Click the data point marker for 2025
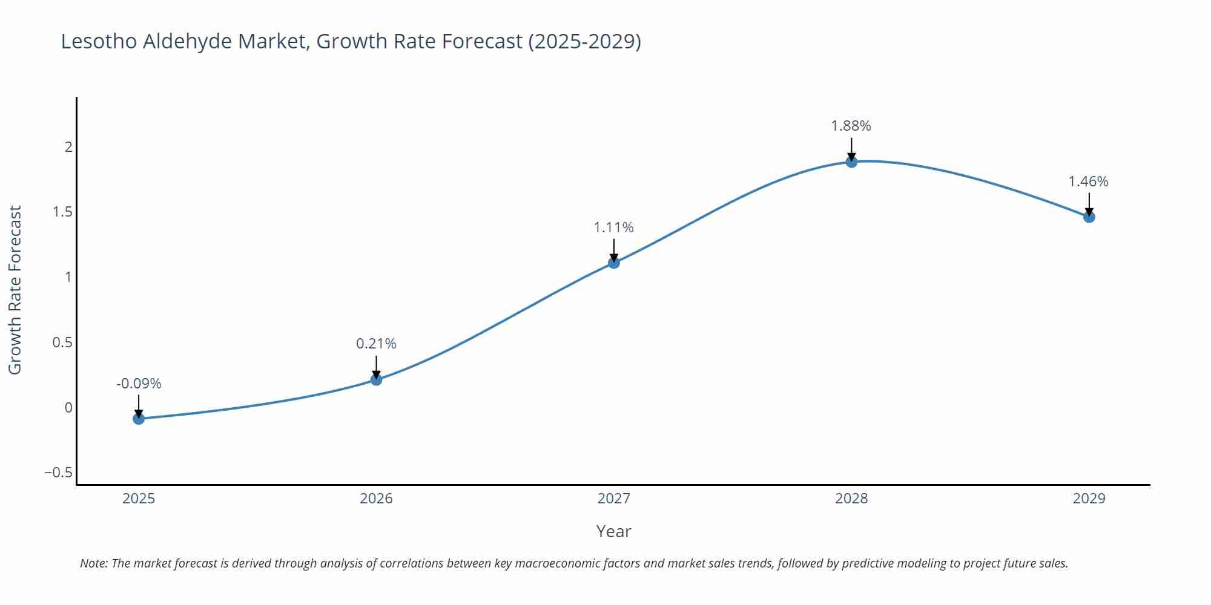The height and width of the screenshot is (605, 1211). (x=139, y=418)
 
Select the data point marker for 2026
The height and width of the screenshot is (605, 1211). (x=376, y=379)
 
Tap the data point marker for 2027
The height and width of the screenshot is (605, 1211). (x=614, y=263)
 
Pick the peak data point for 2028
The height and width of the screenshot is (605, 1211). (x=851, y=162)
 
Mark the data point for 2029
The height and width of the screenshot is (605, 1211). (x=1089, y=217)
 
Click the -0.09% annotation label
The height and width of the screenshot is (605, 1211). (x=139, y=384)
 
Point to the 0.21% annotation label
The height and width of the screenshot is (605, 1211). (x=376, y=344)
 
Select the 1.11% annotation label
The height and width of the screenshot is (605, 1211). (x=613, y=227)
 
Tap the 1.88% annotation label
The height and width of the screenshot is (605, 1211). (x=851, y=126)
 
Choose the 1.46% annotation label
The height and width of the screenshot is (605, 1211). (x=1088, y=181)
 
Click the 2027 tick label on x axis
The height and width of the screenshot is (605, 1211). (x=613, y=499)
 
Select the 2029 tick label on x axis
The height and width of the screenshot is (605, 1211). (x=1089, y=499)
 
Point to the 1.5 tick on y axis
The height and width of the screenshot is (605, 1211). (x=62, y=212)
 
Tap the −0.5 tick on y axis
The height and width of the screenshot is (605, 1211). (x=58, y=473)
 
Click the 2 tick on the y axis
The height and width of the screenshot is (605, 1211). (x=68, y=147)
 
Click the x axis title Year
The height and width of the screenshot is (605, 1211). (x=613, y=531)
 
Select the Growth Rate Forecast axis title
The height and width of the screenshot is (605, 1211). (x=15, y=290)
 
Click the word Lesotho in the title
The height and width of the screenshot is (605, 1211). (x=99, y=41)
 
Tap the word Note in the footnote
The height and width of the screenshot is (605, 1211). (x=93, y=563)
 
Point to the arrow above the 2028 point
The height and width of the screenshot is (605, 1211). (x=851, y=149)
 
